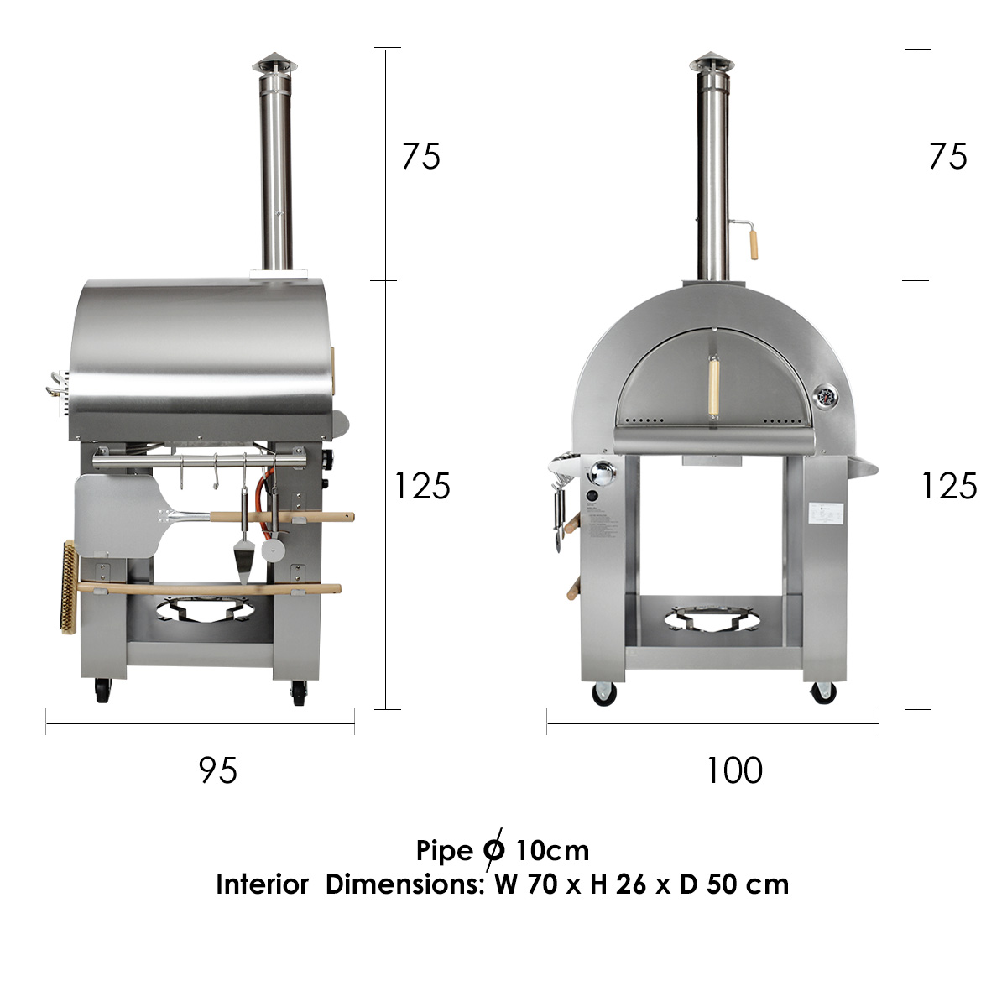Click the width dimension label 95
218,770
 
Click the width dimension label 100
734,770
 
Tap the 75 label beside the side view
421,156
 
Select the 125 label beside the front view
949,486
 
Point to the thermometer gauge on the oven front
827,398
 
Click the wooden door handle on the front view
713,387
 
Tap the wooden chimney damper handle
753,244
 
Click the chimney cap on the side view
274,64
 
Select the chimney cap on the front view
712,64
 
